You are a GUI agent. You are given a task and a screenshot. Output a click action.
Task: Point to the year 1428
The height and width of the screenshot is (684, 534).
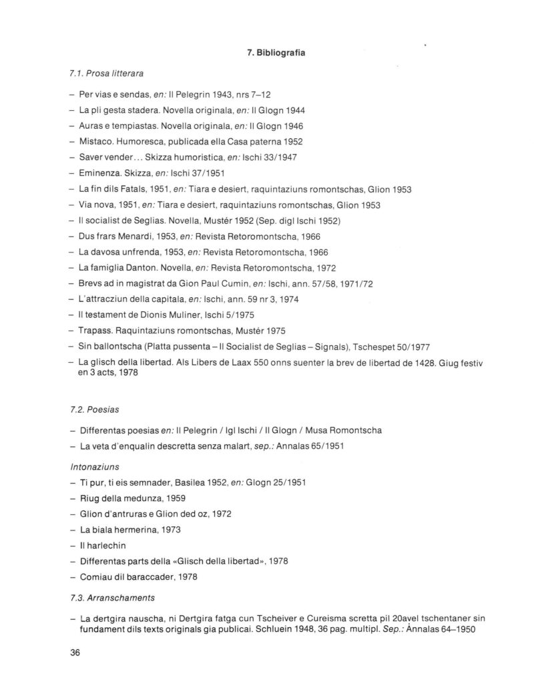[387, 361]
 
